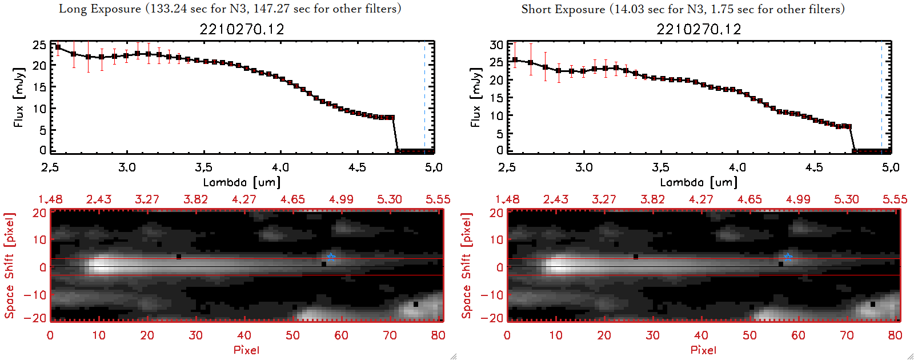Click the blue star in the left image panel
[x=331, y=257]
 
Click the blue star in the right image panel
[x=788, y=257]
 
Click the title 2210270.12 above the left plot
[x=242, y=29]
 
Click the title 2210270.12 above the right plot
[x=699, y=29]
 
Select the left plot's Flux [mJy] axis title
[x=19, y=98]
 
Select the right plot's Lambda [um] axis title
[x=699, y=182]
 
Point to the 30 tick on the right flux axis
[x=496, y=45]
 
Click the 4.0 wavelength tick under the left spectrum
[x=280, y=167]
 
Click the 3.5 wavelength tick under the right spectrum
[x=660, y=167]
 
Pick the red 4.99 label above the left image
[x=341, y=199]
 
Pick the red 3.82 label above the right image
[x=652, y=199]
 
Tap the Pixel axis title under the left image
[x=246, y=350]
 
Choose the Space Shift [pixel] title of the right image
[x=467, y=265]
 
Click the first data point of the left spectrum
[x=58, y=47]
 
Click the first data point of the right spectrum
[x=515, y=59]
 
